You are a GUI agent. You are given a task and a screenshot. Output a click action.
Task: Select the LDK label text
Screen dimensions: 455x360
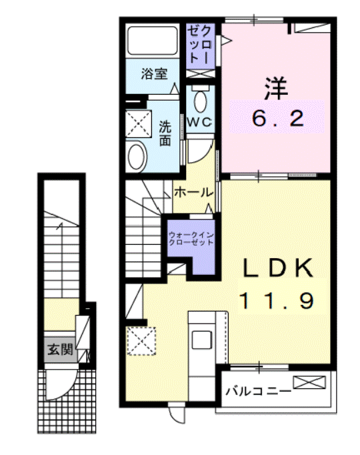click(x=277, y=268)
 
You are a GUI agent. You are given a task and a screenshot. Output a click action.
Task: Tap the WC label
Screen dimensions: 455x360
click(x=199, y=122)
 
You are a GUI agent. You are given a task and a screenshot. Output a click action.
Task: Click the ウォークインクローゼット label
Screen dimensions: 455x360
click(x=191, y=238)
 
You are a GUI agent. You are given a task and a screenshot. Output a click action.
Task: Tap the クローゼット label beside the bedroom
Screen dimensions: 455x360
click(x=200, y=45)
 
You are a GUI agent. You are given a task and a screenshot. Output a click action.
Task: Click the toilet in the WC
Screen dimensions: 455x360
click(x=199, y=101)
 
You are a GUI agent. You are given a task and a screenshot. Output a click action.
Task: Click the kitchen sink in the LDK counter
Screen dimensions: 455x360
click(x=201, y=338)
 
